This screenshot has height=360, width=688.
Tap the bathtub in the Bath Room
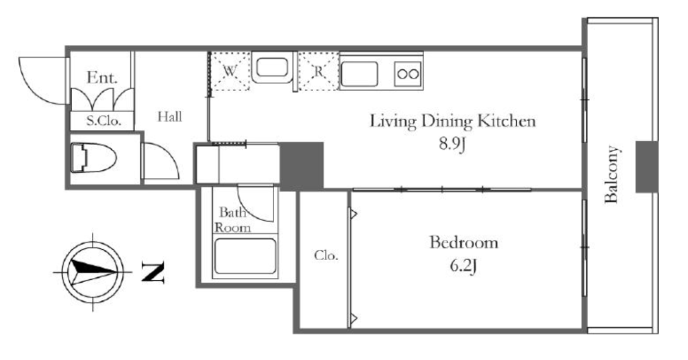coord(245,257)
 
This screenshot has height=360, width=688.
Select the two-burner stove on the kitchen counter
coord(408,73)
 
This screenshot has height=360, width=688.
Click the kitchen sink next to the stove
coord(359,74)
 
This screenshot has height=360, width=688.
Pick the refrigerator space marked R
coord(318,71)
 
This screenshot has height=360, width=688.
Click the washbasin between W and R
coord(272,68)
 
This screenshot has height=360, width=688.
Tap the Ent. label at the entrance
coord(102,78)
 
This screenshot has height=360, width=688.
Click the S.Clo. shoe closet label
coord(103,121)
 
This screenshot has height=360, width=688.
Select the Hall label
coord(170,117)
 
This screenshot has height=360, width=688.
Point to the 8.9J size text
coord(452,144)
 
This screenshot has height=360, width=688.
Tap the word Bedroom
coord(464,242)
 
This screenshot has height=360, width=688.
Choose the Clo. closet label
coord(326,255)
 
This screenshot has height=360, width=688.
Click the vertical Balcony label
coord(611,175)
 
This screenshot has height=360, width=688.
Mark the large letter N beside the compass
coord(153,271)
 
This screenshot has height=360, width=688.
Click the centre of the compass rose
coord(93,272)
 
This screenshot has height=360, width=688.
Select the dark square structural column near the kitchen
coord(302,166)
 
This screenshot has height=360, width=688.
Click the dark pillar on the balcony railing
coord(647,167)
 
